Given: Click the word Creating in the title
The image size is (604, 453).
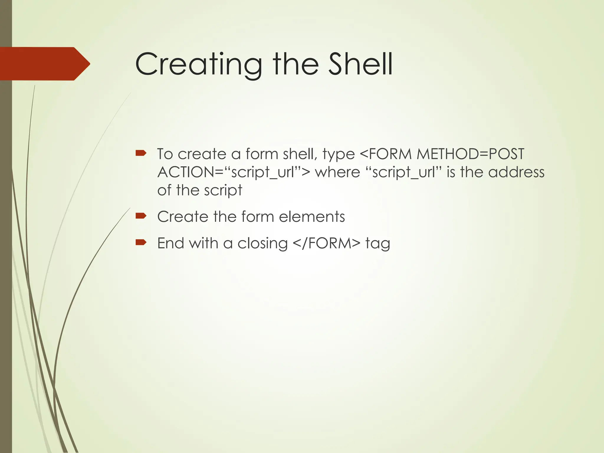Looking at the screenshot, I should (198, 64).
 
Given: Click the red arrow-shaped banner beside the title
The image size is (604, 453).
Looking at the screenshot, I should (44, 64).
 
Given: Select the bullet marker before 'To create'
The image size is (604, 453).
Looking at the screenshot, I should (141, 153).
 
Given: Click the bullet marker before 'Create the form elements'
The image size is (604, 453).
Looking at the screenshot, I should (141, 216).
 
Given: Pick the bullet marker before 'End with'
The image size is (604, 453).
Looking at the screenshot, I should (141, 242).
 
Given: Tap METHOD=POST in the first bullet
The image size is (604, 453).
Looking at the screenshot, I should (470, 154).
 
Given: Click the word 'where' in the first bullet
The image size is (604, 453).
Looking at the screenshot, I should (337, 172).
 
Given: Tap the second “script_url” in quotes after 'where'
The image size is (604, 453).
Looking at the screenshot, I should (403, 172).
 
